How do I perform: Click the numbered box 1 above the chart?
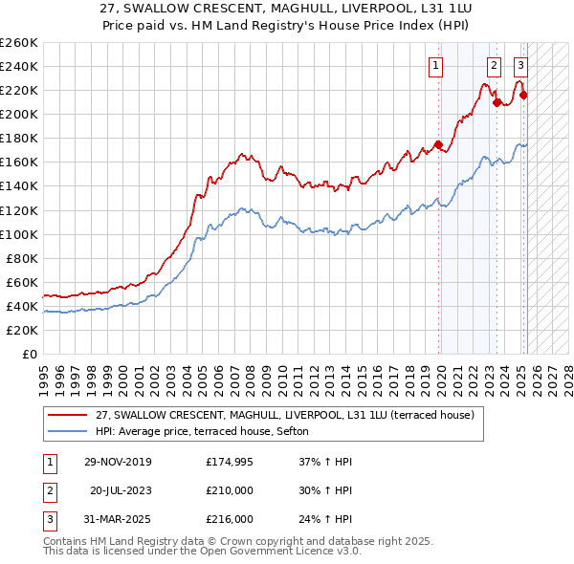435,66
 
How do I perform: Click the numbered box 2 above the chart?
494,66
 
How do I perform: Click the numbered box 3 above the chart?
520,66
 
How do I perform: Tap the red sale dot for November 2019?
438,144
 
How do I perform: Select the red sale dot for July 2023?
497,102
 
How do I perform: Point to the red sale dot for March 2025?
523,95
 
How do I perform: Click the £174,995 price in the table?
231,462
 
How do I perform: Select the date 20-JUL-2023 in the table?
121,490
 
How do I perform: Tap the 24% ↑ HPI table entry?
324,519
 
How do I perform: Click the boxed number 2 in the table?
49,490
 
